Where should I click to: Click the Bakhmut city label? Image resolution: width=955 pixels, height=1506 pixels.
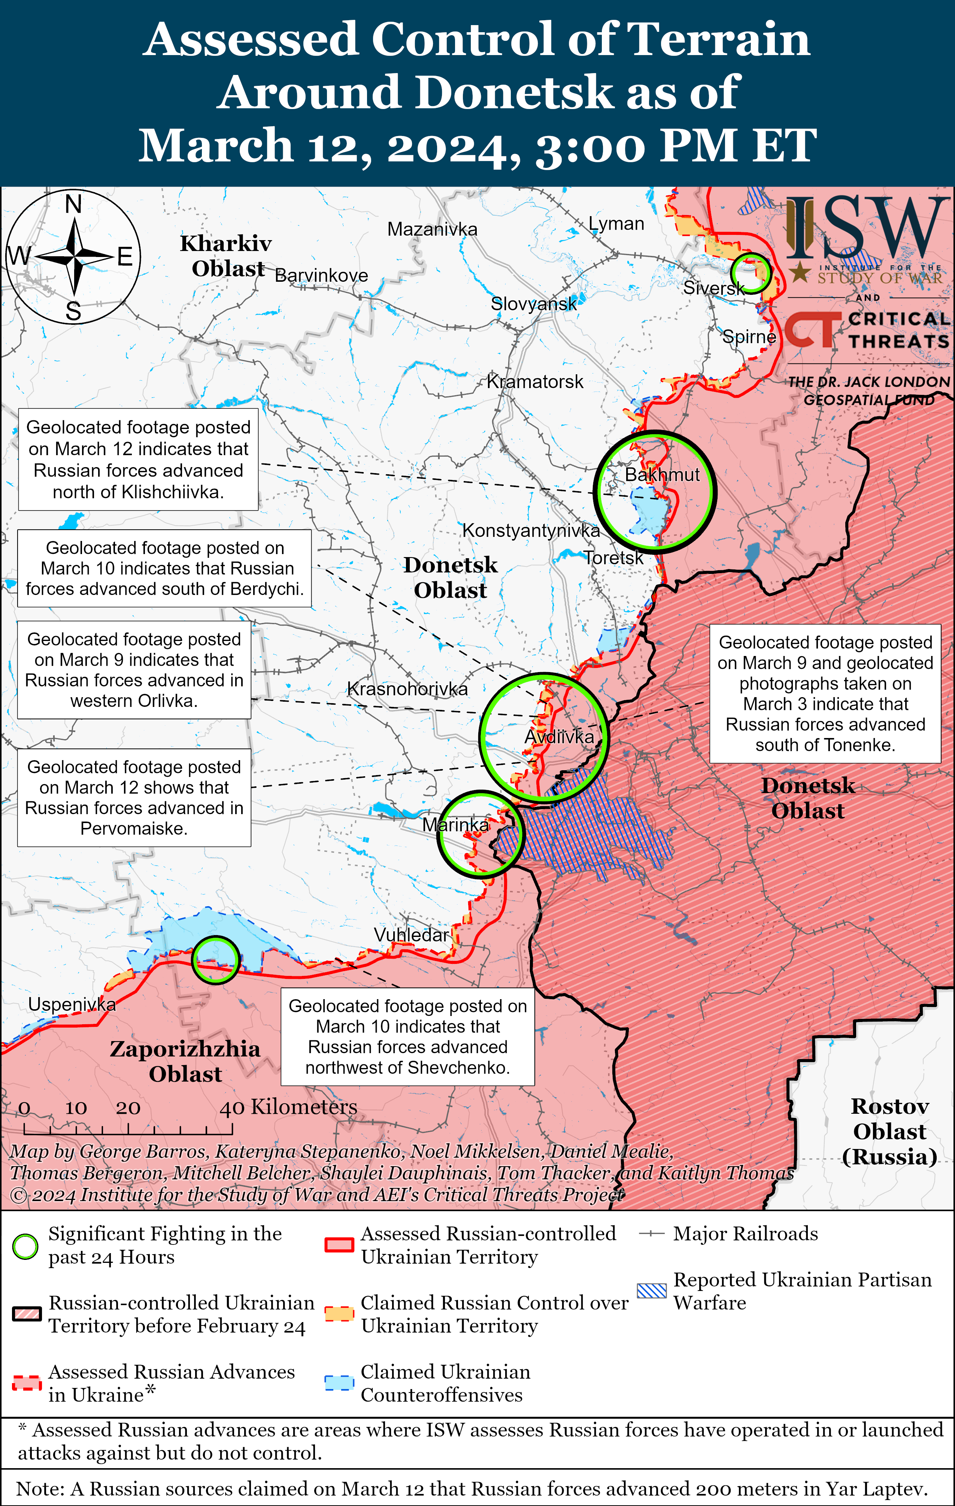pos(662,475)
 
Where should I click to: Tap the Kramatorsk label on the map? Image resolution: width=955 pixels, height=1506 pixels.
pos(535,381)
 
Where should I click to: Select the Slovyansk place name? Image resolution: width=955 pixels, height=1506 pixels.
pos(533,304)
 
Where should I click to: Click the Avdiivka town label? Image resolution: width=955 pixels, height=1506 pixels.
pos(559,737)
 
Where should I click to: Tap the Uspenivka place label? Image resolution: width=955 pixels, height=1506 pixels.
pos(72,1004)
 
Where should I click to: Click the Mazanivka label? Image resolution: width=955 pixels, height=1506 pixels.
pos(432,230)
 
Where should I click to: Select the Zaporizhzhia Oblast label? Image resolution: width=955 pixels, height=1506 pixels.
pos(185,1061)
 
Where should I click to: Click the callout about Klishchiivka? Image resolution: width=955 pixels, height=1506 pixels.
pos(138,460)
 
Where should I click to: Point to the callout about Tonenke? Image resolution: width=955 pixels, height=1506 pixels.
pos(825,693)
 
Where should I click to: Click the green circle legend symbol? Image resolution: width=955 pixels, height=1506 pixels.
pos(25,1246)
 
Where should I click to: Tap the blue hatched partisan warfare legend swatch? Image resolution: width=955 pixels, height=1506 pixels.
pos(652,1291)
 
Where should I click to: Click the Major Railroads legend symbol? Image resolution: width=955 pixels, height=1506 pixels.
pos(652,1234)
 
